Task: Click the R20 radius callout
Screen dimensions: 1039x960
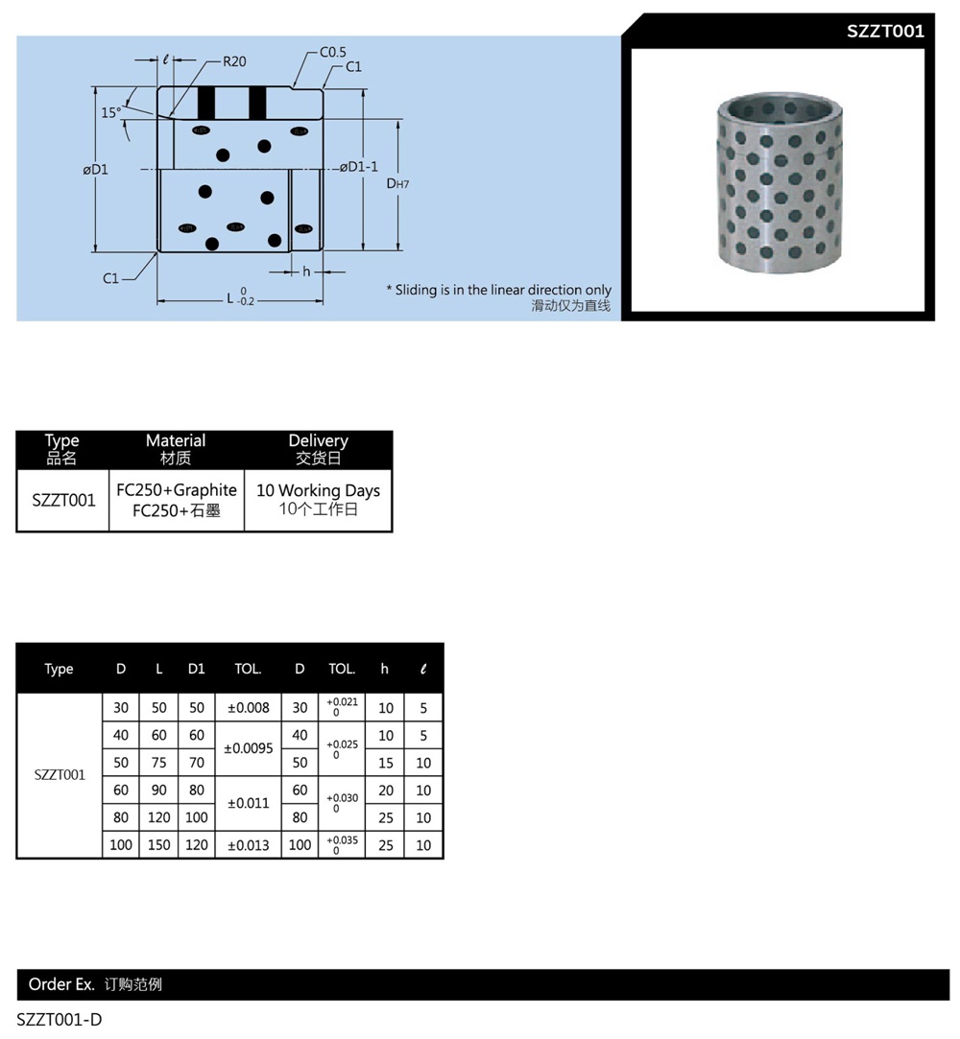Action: coord(234,61)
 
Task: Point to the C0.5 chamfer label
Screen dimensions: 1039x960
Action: coord(333,53)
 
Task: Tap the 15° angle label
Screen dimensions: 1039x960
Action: coord(111,112)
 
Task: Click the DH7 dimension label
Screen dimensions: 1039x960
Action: coord(397,182)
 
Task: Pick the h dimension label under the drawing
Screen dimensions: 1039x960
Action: coord(306,272)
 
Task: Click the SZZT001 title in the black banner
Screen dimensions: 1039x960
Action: coord(885,31)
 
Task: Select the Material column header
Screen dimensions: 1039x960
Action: coord(176,449)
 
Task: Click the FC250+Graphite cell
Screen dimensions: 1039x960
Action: coord(177,490)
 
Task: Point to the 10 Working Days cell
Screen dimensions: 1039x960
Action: coord(318,499)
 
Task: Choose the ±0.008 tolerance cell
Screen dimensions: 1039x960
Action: coord(248,708)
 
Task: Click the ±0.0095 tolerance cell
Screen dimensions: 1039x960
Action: coord(248,748)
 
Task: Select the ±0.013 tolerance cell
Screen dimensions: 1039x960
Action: coord(248,845)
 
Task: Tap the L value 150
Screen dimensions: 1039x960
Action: coord(159,845)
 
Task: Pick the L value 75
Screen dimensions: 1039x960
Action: coord(159,763)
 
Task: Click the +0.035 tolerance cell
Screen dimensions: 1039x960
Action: coord(342,844)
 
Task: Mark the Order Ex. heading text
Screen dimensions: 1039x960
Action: coord(61,984)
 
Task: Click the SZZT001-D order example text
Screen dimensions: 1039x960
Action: coord(60,1020)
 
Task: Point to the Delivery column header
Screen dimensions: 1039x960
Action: coord(318,449)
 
